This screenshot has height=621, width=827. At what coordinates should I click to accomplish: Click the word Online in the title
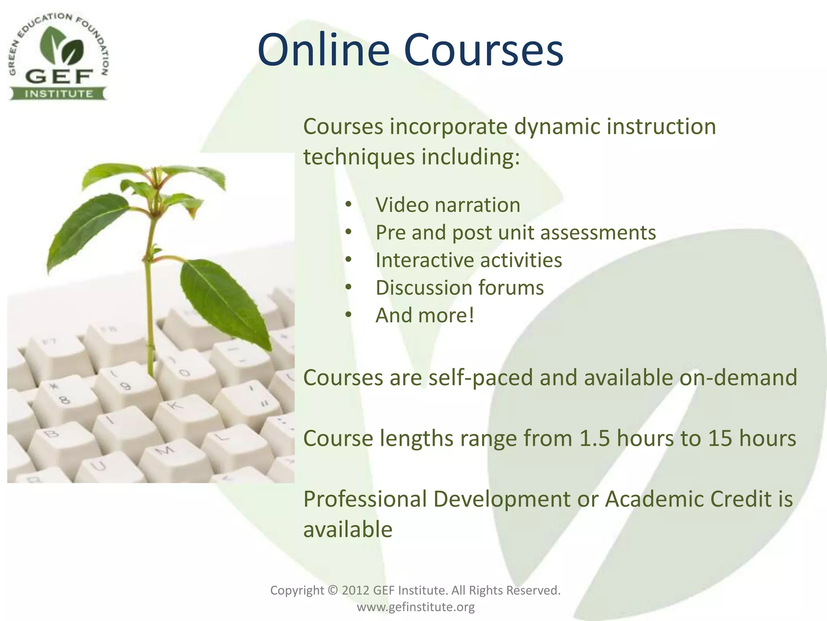(x=323, y=51)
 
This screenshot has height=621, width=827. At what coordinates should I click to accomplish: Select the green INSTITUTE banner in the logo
(x=59, y=94)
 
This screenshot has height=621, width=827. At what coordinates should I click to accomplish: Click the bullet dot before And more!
(x=348, y=315)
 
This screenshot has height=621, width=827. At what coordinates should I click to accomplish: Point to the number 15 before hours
(x=720, y=438)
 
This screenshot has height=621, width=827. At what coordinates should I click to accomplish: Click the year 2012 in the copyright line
(x=355, y=590)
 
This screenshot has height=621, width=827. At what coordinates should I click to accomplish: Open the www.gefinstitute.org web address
(x=416, y=607)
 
